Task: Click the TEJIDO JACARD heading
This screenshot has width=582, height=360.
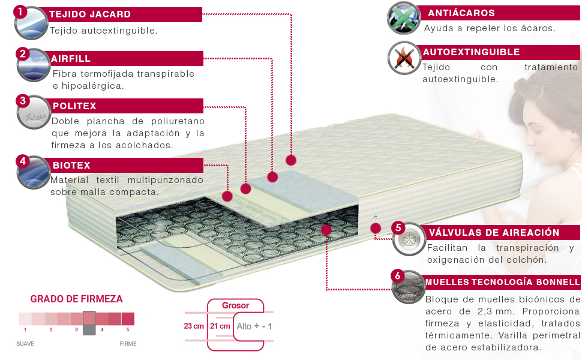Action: click(x=90, y=14)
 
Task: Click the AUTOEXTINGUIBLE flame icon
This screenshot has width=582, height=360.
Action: click(x=403, y=58)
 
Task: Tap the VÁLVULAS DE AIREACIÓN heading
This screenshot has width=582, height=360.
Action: click(x=494, y=233)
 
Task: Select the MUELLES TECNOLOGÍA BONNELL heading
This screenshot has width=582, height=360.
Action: click(x=502, y=282)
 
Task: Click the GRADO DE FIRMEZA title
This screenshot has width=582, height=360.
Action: click(x=76, y=299)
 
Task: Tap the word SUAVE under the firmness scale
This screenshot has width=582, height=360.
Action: click(x=25, y=344)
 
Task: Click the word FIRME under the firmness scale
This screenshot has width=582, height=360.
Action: click(x=128, y=344)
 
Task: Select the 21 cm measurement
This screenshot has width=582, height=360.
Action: click(x=220, y=326)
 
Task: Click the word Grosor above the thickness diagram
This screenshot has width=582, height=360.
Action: click(x=235, y=305)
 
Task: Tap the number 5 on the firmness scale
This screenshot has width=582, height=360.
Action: click(x=127, y=329)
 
